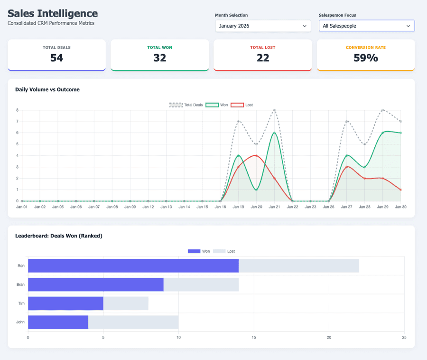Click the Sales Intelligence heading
coord(53,14)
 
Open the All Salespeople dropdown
coord(366,26)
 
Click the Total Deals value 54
coord(56,58)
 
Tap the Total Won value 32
coord(160,58)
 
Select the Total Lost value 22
coord(263,58)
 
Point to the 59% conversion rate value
coord(366,58)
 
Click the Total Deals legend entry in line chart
coord(186,104)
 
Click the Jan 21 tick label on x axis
coord(274,207)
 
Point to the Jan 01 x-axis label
coord(22,207)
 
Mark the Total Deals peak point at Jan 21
coord(274,110)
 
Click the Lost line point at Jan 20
coord(256,155)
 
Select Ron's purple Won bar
coord(133,265)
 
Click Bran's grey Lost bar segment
coord(201,284)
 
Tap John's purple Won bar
coord(58,322)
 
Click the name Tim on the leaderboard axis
coord(21,303)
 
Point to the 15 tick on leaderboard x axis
coord(254,337)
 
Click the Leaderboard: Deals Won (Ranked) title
coord(59,236)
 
